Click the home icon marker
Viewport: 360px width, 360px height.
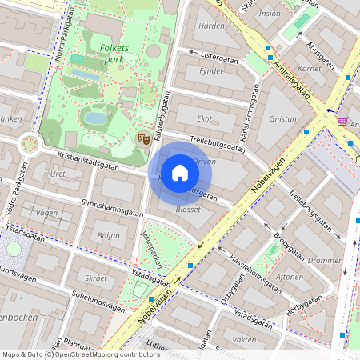[180, 173]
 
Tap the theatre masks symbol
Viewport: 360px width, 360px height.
[145, 138]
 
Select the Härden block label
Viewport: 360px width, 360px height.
[210, 26]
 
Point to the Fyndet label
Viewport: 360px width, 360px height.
[210, 70]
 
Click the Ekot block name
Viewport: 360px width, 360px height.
[205, 118]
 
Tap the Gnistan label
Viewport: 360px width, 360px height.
[283, 118]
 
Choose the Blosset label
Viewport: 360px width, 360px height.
[189, 210]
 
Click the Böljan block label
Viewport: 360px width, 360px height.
[108, 235]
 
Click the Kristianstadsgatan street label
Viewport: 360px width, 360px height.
[88, 161]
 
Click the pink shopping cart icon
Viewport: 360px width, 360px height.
[343, 122]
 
